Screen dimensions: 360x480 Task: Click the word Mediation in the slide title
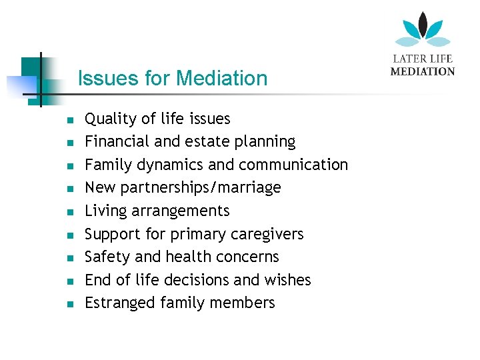click(221, 79)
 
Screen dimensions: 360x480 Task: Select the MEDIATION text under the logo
click(423, 71)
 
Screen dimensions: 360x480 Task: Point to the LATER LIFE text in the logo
click(423, 59)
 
